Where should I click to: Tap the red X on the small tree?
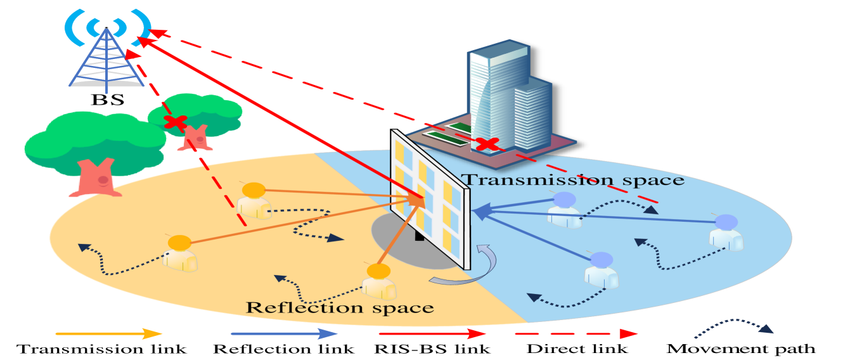pyautogui.click(x=175, y=122)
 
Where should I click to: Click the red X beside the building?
pyautogui.click(x=487, y=144)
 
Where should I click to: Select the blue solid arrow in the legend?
pyautogui.click(x=285, y=333)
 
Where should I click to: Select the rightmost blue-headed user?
pyautogui.click(x=726, y=232)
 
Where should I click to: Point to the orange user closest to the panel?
pyautogui.click(x=379, y=281)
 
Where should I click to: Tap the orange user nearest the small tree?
pyautogui.click(x=254, y=200)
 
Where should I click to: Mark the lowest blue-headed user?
pyautogui.click(x=601, y=270)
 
